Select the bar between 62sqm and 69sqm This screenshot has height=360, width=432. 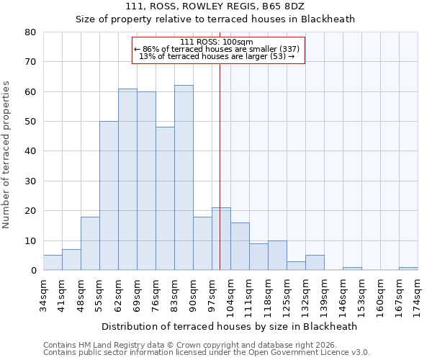127,179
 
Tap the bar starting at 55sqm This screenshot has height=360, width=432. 109,196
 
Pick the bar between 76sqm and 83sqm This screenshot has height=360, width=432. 165,199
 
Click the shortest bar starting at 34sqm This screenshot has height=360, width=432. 53,263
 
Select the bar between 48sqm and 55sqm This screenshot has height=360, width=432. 90,243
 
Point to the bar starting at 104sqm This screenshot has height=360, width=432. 240,246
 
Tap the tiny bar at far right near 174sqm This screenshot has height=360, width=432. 408,269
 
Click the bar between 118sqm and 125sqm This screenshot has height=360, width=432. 277,256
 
